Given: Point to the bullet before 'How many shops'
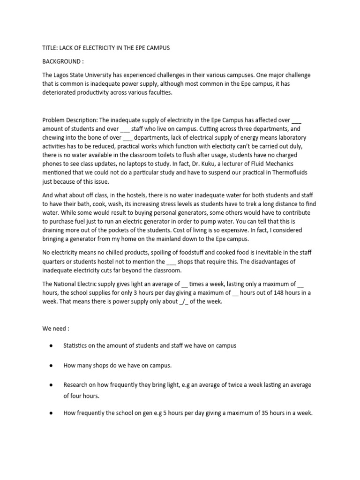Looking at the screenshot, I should [50, 364].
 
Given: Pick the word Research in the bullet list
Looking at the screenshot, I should [76, 385].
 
